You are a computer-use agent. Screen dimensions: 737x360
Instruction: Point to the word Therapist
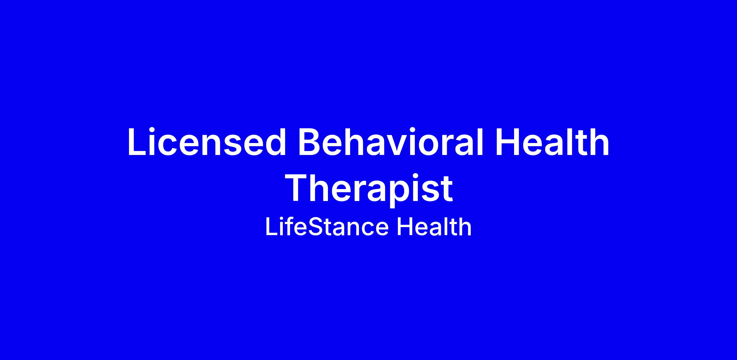coord(370,188)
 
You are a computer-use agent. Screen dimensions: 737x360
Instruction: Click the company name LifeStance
coord(327,227)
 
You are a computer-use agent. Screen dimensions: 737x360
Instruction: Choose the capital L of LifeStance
coord(271,227)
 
